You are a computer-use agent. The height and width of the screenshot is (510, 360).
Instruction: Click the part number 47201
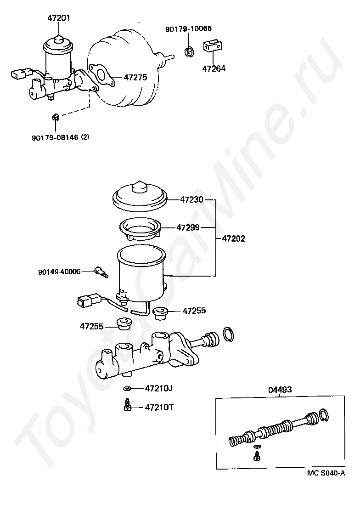click(x=59, y=19)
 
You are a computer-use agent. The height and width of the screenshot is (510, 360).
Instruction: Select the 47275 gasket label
click(x=135, y=78)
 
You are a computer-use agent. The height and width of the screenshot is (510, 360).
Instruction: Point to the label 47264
click(x=214, y=69)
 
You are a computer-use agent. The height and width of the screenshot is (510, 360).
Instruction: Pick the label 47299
click(x=189, y=227)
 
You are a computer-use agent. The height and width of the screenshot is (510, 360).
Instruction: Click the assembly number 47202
click(x=233, y=238)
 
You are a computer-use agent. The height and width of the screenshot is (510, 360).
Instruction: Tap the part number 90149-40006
click(x=59, y=272)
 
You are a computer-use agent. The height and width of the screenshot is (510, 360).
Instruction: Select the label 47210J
click(x=158, y=388)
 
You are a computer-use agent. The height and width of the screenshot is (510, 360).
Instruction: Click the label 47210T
click(x=158, y=407)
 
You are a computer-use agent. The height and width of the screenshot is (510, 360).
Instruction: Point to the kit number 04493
click(x=280, y=390)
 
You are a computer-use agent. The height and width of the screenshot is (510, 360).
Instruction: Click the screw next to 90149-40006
click(x=101, y=272)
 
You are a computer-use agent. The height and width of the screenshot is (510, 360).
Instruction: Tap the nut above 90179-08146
click(x=55, y=117)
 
